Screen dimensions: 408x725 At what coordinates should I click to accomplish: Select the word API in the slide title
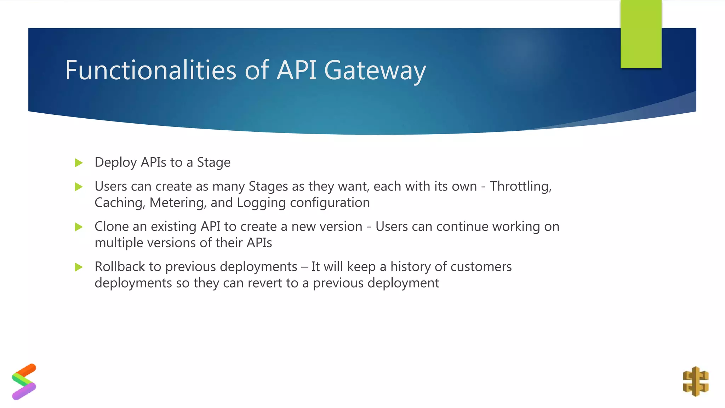(296, 70)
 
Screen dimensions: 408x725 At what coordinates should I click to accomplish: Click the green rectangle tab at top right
(641, 34)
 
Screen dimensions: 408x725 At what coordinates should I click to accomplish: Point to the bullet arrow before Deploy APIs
(79, 163)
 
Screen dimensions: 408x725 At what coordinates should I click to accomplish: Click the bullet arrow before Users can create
(79, 187)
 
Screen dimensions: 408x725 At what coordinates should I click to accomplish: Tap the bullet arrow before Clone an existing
(79, 227)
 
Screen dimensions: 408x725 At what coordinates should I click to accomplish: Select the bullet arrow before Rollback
(79, 267)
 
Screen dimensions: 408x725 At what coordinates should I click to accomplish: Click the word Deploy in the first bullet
(116, 163)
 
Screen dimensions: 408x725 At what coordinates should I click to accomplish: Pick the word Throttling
(520, 186)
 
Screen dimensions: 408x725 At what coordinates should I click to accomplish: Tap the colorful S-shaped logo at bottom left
(24, 382)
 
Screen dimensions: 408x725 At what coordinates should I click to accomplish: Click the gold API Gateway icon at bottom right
(695, 381)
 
